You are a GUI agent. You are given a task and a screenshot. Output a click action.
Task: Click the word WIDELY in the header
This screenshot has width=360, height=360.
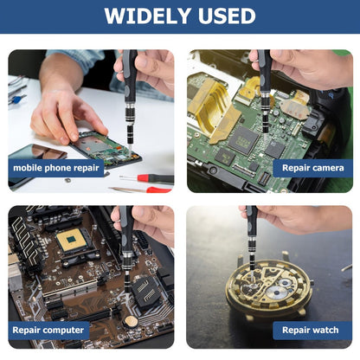(x=149, y=16)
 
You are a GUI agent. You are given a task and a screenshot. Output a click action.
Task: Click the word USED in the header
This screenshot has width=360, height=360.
(x=227, y=16)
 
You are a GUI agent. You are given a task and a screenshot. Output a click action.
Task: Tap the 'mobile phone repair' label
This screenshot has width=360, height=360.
(x=56, y=168)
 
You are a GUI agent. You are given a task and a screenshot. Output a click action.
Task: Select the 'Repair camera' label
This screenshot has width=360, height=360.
(x=313, y=168)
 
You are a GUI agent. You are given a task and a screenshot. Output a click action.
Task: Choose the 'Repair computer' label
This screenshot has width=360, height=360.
(x=48, y=330)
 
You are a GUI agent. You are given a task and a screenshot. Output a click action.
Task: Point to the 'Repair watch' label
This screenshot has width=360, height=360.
(x=311, y=330)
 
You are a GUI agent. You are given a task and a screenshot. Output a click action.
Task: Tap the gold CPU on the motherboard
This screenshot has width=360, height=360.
(x=71, y=240)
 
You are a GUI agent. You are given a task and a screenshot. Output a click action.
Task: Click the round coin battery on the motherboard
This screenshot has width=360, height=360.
(x=131, y=321)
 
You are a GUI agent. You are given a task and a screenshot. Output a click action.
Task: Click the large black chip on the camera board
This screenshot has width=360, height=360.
(x=243, y=140)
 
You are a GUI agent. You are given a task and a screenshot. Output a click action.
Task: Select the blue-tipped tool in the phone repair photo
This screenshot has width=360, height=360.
(x=16, y=100)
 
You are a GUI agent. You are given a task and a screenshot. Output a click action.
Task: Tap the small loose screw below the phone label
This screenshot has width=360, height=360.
(x=68, y=181)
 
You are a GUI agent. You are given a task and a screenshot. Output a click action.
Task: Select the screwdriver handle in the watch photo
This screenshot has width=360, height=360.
(x=252, y=222)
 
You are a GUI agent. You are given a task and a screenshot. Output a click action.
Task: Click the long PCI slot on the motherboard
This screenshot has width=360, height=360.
(x=71, y=287)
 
